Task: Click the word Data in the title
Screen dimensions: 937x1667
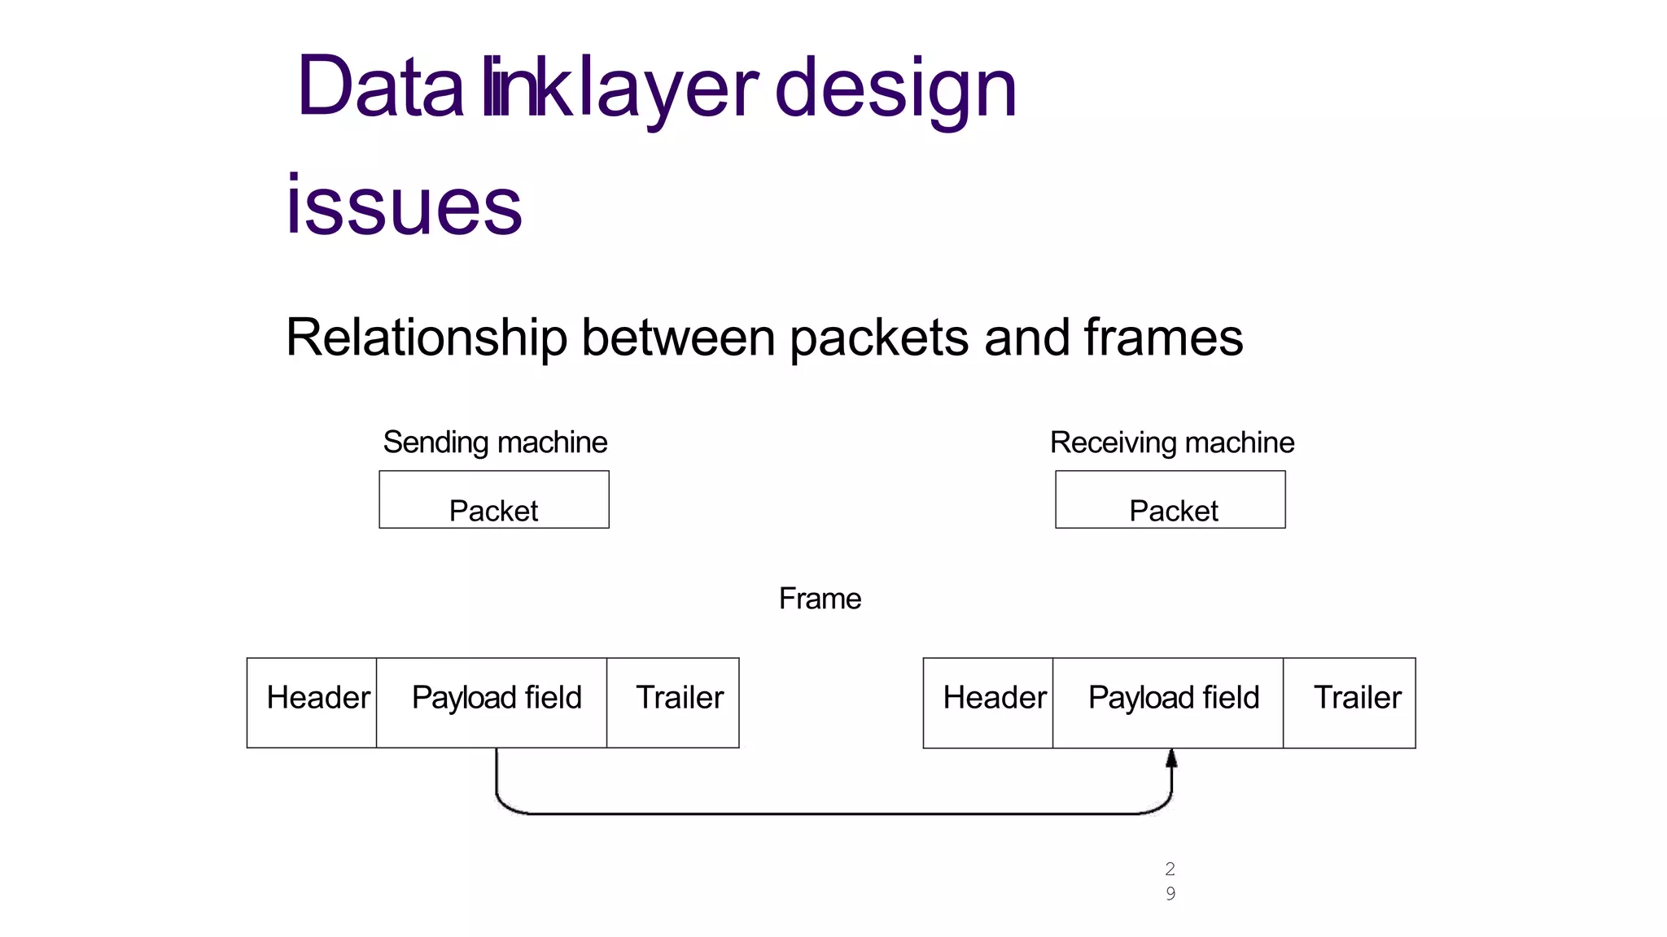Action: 381,87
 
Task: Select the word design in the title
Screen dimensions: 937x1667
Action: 895,87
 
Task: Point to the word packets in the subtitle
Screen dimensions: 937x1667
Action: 879,337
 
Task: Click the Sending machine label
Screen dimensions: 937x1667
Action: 495,442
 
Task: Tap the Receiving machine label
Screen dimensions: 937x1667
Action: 1171,442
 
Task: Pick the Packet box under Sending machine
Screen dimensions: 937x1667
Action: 494,500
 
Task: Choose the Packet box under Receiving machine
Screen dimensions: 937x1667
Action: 1170,500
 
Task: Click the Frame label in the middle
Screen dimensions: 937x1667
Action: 820,599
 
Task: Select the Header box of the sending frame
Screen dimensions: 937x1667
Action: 313,702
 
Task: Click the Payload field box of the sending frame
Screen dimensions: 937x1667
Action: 492,702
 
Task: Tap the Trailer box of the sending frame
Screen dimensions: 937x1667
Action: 673,702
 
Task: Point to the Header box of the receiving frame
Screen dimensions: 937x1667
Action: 988,702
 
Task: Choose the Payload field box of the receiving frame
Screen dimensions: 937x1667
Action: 1169,702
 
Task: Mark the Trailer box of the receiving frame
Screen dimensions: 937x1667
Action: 1350,702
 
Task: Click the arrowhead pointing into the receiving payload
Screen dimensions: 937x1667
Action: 1171,759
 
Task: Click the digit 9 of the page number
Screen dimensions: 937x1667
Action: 1170,893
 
